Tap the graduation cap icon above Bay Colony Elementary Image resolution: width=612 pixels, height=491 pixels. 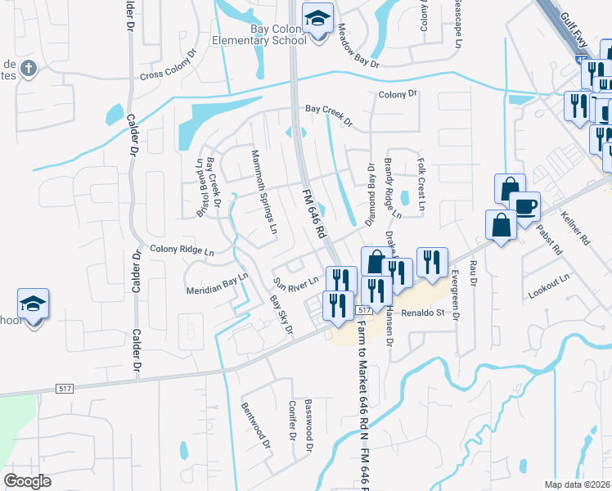tap(317, 16)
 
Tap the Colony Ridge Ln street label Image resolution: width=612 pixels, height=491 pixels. tap(182, 250)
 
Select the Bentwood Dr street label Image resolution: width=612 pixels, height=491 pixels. tap(254, 426)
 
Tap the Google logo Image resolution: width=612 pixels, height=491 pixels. tap(27, 480)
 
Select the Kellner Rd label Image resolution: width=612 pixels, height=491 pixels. tap(576, 227)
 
